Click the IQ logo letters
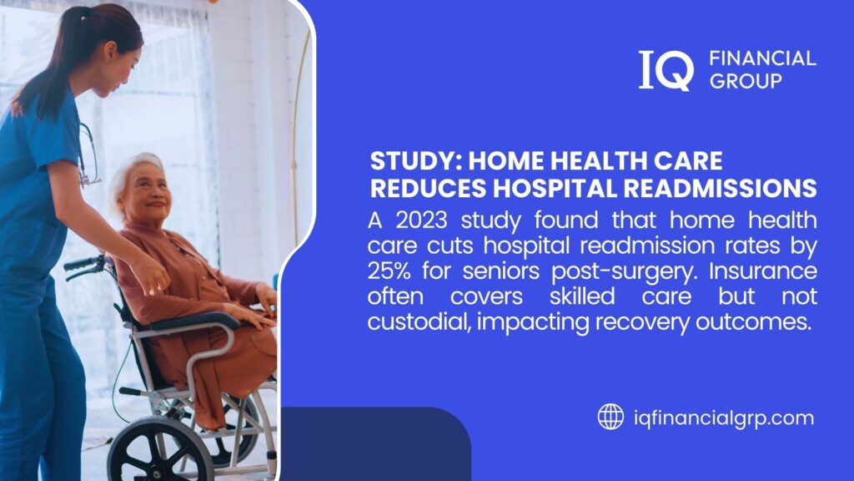tap(666, 69)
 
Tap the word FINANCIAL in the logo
tap(761, 58)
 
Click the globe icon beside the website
tap(610, 416)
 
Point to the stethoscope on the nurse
tap(86, 154)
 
